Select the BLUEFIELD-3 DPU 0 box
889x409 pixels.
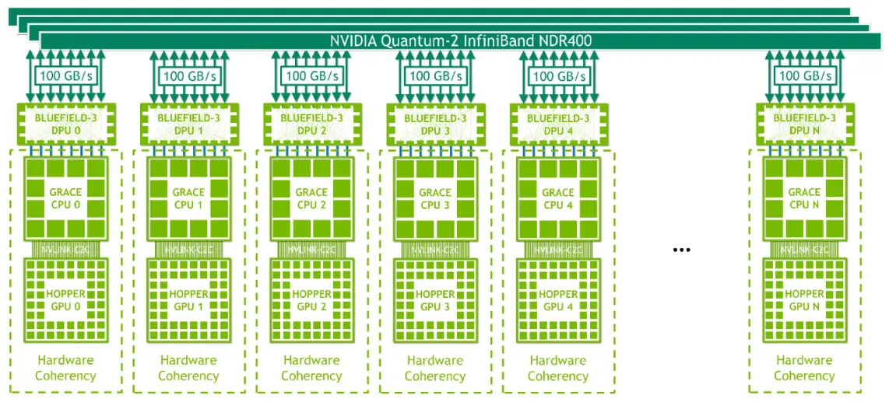point(65,124)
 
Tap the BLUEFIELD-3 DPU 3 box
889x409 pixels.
point(434,124)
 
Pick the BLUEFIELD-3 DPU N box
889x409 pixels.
point(804,124)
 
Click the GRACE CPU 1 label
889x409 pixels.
point(188,198)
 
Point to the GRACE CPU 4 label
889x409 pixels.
point(557,198)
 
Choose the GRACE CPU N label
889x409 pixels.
point(804,198)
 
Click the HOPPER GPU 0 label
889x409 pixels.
point(65,300)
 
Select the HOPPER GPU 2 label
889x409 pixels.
point(311,300)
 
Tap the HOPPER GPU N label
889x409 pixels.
point(804,300)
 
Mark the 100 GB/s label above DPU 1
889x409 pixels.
point(188,76)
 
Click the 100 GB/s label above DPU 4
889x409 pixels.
point(557,76)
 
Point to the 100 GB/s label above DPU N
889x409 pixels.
point(804,76)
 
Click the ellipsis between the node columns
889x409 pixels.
point(681,250)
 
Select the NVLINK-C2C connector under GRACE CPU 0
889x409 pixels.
point(65,249)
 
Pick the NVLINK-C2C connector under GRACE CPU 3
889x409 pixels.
point(434,249)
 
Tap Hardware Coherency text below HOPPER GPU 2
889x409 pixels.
point(311,368)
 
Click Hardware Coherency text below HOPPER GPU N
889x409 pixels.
point(804,368)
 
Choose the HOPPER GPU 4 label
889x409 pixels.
point(557,300)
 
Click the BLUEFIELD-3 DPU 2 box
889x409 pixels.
point(311,124)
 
